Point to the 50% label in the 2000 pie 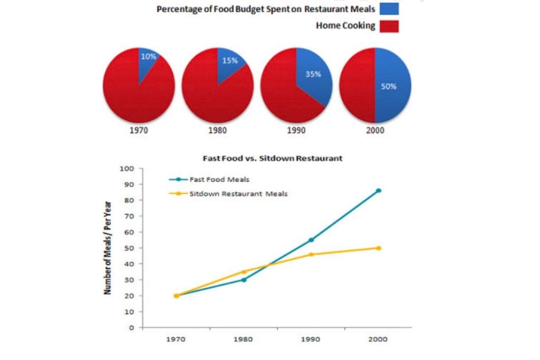pyautogui.click(x=389, y=86)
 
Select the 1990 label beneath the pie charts pyautogui.click(x=296, y=131)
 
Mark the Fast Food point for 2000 pyautogui.click(x=378, y=191)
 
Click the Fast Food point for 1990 pyautogui.click(x=311, y=240)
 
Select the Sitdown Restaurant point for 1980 pyautogui.click(x=244, y=272)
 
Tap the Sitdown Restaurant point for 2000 pyautogui.click(x=378, y=248)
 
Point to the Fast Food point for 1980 pyautogui.click(x=244, y=279)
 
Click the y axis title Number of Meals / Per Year pyautogui.click(x=108, y=248)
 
